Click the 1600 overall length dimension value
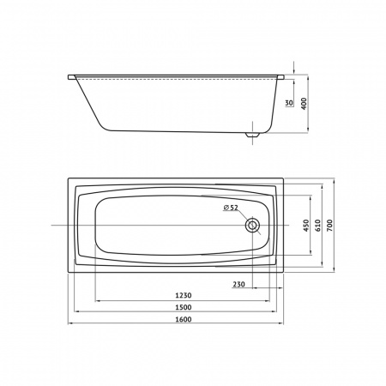(184, 319)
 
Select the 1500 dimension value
(184, 307)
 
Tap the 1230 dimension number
(184, 295)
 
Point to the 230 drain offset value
(238, 284)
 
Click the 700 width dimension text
(329, 226)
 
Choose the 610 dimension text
(318, 226)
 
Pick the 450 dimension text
(306, 226)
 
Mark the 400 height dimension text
(304, 104)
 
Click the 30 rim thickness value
(289, 103)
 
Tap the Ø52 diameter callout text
(231, 208)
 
